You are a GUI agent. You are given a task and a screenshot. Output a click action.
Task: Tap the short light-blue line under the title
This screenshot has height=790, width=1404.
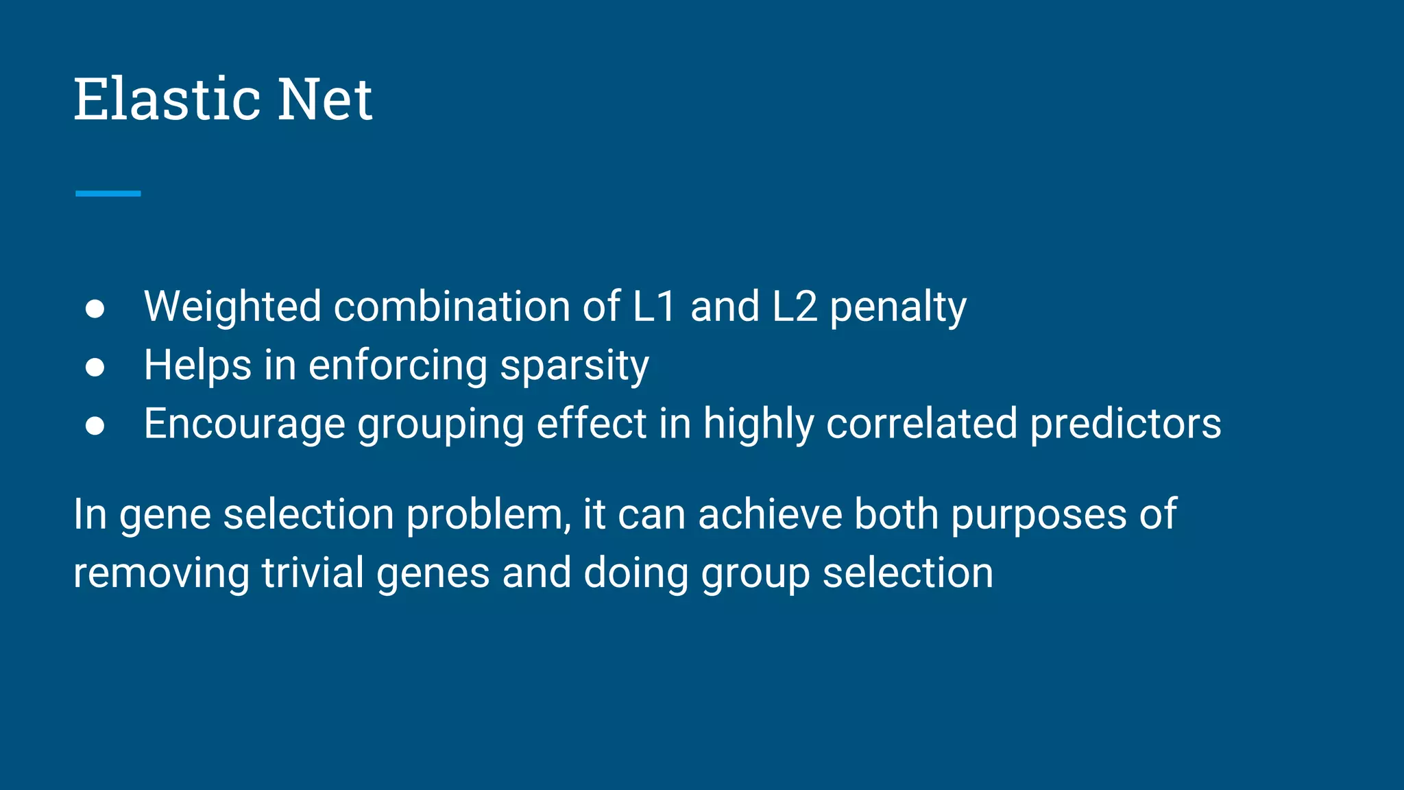108,193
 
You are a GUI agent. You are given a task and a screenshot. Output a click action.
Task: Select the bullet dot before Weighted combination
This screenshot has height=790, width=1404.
95,309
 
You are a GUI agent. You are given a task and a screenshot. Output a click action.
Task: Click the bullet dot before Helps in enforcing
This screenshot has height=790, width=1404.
95,368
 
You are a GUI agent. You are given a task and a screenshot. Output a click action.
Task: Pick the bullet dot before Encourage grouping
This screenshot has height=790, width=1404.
95,426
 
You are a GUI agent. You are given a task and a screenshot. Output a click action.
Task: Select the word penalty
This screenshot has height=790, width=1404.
898,307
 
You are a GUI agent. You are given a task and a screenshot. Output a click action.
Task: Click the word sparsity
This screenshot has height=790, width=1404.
574,366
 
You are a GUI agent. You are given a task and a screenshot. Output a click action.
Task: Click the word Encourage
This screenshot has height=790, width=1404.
244,424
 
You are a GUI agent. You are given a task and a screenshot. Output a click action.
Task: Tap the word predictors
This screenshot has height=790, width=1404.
1126,424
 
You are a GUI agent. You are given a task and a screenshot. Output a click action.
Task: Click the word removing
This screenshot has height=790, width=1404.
161,574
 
